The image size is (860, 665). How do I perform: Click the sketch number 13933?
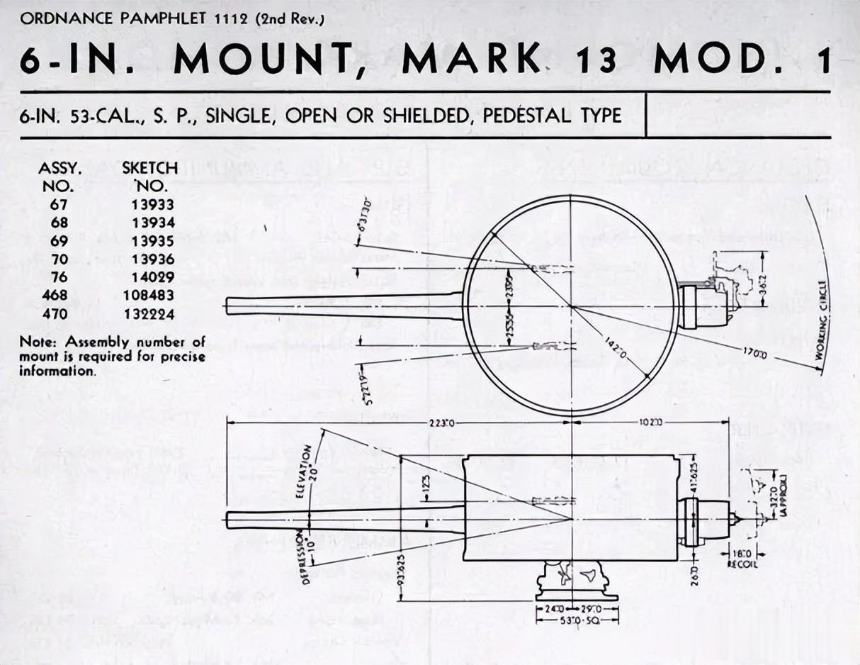click(152, 204)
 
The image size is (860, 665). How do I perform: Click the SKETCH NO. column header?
click(150, 177)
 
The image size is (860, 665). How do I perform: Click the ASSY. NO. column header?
click(60, 177)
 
